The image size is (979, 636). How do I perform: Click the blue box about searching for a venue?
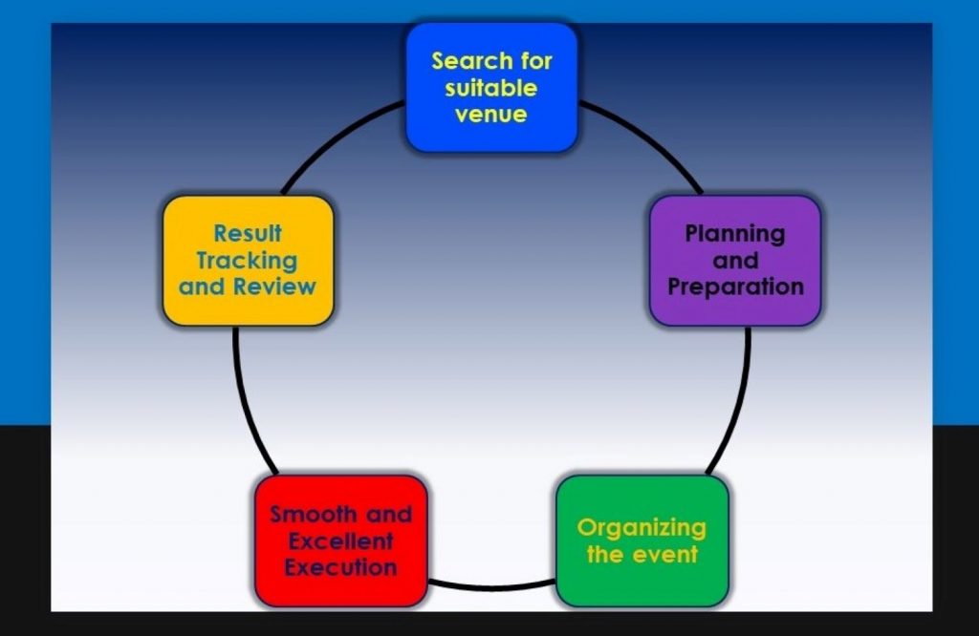(491, 87)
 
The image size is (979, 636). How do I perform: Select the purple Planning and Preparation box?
(735, 261)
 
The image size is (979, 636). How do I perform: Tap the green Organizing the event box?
(642, 541)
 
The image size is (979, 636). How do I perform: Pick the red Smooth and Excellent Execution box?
(341, 541)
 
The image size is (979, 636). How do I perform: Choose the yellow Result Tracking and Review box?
(248, 261)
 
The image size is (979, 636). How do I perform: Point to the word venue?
(491, 115)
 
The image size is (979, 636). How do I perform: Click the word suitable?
(491, 88)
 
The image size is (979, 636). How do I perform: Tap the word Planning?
(735, 235)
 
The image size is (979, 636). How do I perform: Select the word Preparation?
(735, 287)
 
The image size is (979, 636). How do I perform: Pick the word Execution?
(341, 568)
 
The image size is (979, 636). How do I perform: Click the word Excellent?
(341, 541)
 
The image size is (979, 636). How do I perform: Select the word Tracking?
(248, 262)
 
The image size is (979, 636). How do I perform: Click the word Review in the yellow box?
(274, 286)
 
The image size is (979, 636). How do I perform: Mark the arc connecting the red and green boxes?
(491, 586)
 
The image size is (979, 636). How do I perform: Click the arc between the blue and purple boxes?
(649, 138)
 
